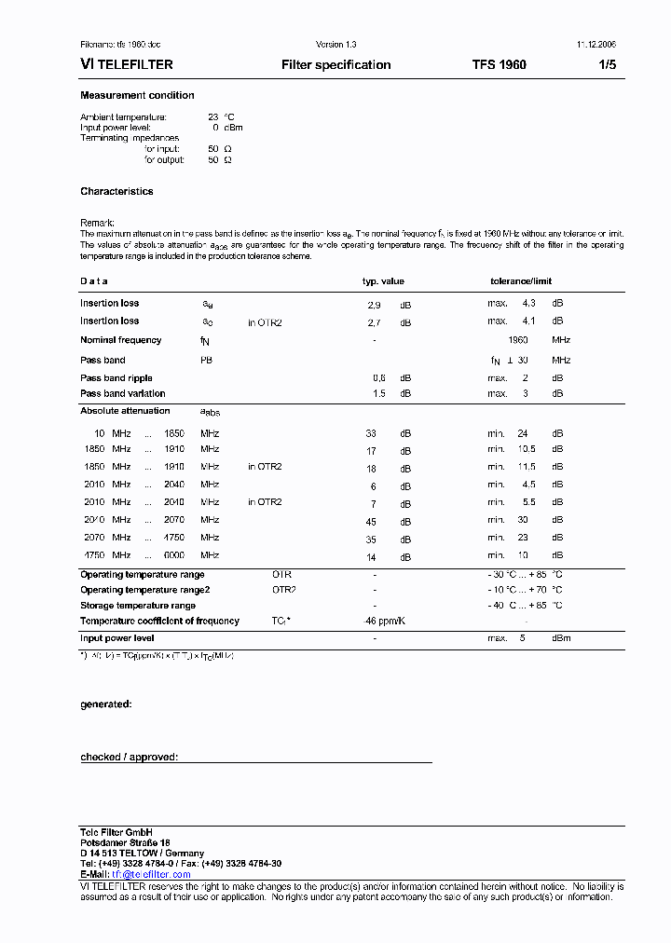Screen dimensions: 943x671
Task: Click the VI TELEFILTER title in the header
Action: (127, 65)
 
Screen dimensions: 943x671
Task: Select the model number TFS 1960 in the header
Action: (499, 65)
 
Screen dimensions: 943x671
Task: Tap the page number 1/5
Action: (607, 65)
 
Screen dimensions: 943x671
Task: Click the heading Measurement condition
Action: (137, 96)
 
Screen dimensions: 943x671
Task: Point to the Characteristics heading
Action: (116, 192)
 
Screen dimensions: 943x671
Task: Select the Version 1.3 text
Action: (335, 45)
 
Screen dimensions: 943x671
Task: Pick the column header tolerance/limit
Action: (521, 281)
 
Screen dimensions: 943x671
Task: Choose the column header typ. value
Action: (383, 281)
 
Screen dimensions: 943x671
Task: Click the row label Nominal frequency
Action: (120, 340)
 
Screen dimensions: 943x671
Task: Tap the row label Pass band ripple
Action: (116, 378)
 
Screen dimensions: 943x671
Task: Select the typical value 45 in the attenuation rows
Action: (372, 522)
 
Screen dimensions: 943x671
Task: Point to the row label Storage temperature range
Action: (138, 606)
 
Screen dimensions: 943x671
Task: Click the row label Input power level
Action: (117, 638)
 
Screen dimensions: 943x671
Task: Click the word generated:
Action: (105, 704)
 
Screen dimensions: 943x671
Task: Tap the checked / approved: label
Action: (129, 758)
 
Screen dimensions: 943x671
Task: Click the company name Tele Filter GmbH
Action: (116, 831)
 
